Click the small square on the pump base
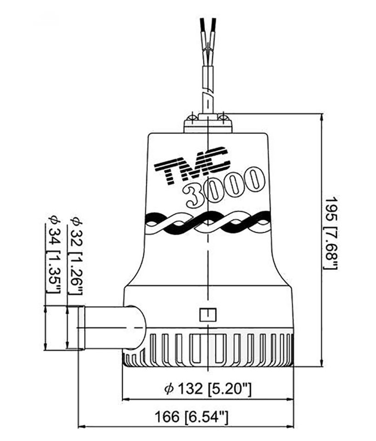(x=208, y=314)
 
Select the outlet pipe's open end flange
(x=81, y=328)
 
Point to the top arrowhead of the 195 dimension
(x=321, y=116)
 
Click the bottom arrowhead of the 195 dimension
(x=321, y=364)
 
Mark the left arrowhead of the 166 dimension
(x=80, y=427)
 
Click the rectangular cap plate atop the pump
(x=208, y=127)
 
